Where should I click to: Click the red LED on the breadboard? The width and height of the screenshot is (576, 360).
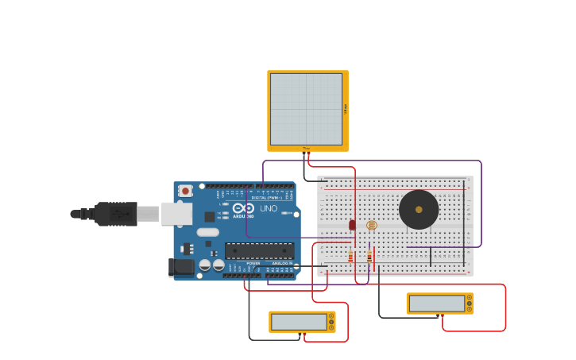click(352, 225)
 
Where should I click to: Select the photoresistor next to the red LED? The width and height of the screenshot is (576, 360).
click(371, 225)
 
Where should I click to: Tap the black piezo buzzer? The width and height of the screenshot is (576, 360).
click(419, 209)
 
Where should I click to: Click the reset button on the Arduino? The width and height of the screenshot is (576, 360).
click(185, 191)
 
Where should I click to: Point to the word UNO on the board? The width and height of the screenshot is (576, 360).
click(269, 208)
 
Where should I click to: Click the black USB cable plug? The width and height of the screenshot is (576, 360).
click(115, 214)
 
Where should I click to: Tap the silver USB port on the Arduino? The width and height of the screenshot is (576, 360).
click(176, 213)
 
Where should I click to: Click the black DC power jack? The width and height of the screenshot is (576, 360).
click(182, 268)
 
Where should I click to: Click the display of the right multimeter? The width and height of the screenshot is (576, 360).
click(436, 304)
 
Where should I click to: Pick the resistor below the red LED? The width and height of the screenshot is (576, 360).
click(350, 257)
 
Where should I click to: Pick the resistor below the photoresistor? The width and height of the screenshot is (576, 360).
click(369, 257)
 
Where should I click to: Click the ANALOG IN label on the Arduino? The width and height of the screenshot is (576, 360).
click(281, 263)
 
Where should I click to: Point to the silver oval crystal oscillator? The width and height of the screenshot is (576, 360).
click(207, 233)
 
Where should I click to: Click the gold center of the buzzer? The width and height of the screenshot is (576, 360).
click(419, 210)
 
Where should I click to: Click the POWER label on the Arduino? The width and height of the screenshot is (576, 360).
click(253, 263)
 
